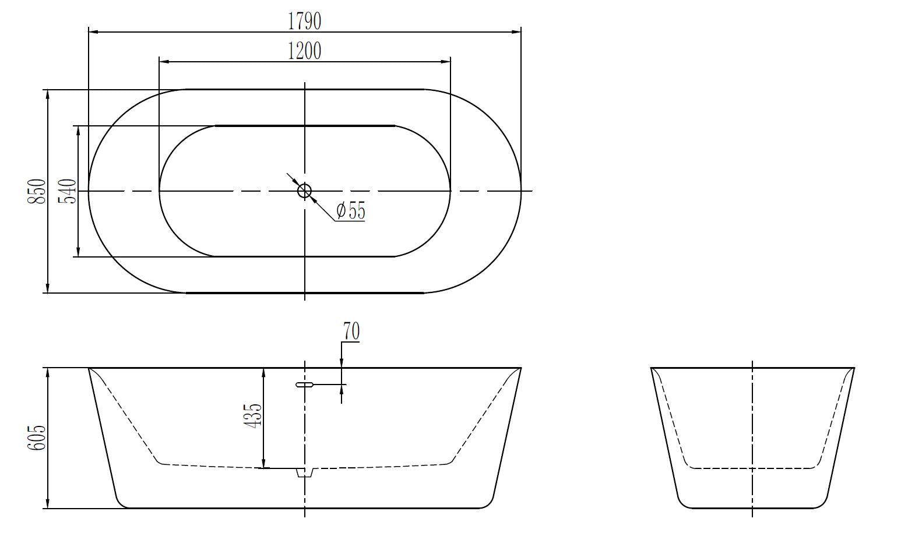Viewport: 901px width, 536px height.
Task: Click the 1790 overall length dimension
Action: click(x=304, y=22)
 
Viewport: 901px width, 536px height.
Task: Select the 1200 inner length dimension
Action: click(x=304, y=51)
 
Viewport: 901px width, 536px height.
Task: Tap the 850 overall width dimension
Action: click(x=36, y=191)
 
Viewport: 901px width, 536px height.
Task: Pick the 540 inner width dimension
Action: click(x=67, y=191)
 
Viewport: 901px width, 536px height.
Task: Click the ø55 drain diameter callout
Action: click(x=351, y=210)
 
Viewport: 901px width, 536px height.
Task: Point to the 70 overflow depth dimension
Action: click(x=351, y=331)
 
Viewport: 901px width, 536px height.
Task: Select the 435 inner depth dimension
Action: click(x=253, y=416)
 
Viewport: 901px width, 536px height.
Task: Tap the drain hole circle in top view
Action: click(x=305, y=191)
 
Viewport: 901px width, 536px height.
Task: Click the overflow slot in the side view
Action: click(x=305, y=385)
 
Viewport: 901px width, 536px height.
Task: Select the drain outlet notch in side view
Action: click(x=305, y=472)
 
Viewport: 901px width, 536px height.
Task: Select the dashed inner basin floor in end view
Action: click(x=752, y=468)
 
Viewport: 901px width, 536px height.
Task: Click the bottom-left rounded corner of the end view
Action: click(x=682, y=502)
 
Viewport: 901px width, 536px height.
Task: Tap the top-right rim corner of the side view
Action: click(x=519, y=369)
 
